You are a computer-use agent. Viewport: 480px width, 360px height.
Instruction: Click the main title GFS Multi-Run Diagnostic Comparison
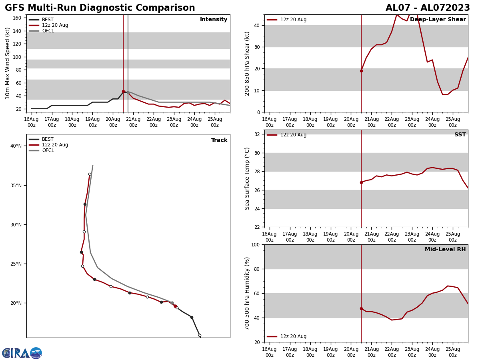point(100,8)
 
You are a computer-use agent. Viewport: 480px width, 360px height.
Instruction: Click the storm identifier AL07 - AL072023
point(428,8)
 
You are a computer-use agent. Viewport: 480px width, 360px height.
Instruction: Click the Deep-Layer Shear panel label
point(438,20)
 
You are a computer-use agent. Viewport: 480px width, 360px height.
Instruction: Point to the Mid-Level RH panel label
point(445,250)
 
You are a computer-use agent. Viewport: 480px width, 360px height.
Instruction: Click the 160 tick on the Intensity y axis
point(17,18)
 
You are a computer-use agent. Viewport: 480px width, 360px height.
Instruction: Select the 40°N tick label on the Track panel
point(16,146)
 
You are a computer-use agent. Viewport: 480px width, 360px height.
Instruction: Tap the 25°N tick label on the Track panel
point(16,264)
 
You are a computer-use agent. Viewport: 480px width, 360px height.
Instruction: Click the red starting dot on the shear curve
point(361,71)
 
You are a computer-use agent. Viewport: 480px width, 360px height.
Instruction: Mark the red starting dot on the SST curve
point(361,182)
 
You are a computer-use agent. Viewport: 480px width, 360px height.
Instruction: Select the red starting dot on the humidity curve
point(361,309)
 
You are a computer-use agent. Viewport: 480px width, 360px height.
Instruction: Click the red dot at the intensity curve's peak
point(123,91)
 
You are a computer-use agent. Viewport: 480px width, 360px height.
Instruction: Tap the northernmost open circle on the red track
point(90,174)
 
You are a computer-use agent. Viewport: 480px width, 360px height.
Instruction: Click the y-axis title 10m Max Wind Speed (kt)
point(8,63)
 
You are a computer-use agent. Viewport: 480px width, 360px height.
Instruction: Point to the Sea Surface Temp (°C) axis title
point(247,178)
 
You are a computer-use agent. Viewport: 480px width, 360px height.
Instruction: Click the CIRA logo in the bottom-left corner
point(22,353)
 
